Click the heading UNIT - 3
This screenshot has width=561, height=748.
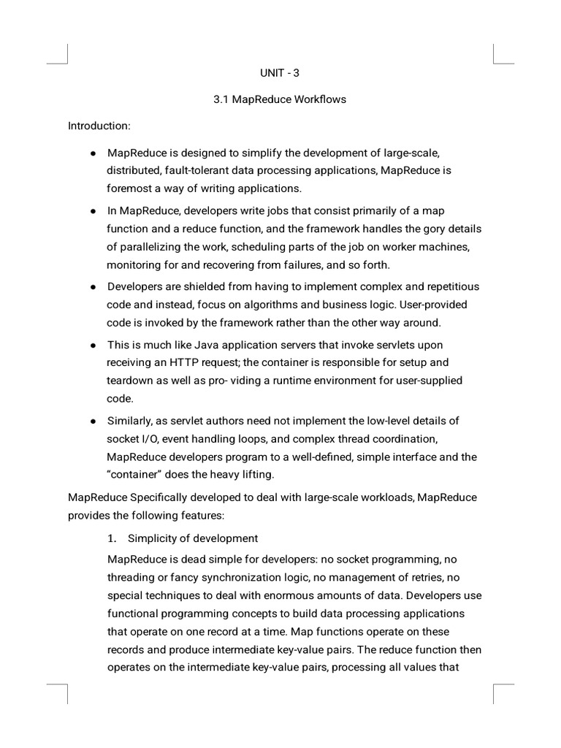tap(280, 73)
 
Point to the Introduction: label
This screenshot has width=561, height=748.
tap(99, 126)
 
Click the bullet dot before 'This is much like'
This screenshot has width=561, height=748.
tap(93, 345)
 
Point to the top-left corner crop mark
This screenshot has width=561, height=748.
tap(66, 63)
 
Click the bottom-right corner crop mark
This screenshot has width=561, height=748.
tap(495, 685)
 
